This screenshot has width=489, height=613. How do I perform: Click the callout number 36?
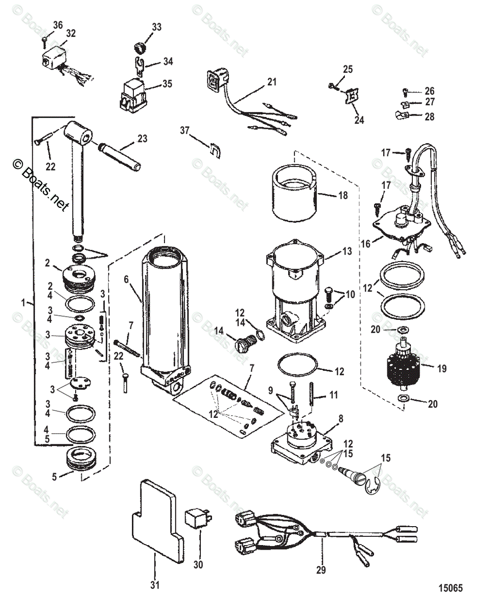pyautogui.click(x=58, y=25)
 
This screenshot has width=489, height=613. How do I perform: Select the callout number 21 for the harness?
pyautogui.click(x=271, y=81)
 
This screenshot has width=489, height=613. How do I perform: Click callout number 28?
pyautogui.click(x=429, y=116)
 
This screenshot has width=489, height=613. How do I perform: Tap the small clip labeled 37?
pyautogui.click(x=215, y=150)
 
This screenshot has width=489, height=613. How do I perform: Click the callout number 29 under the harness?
pyautogui.click(x=321, y=570)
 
